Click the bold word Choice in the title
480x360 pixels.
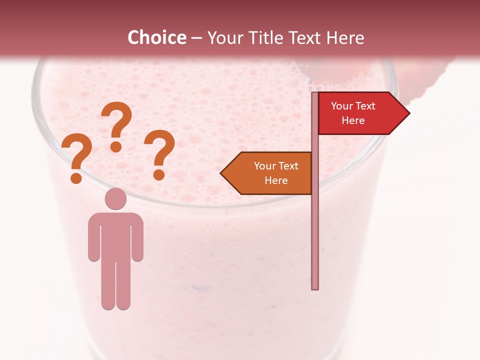click(x=156, y=37)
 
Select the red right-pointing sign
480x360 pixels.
click(x=360, y=113)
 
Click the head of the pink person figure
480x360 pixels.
click(x=115, y=199)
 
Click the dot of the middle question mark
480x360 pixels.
click(x=116, y=146)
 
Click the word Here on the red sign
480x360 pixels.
click(x=353, y=120)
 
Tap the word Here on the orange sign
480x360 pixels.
click(x=276, y=180)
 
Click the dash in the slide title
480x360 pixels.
click(x=196, y=38)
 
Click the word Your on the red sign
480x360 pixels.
click(x=342, y=105)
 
